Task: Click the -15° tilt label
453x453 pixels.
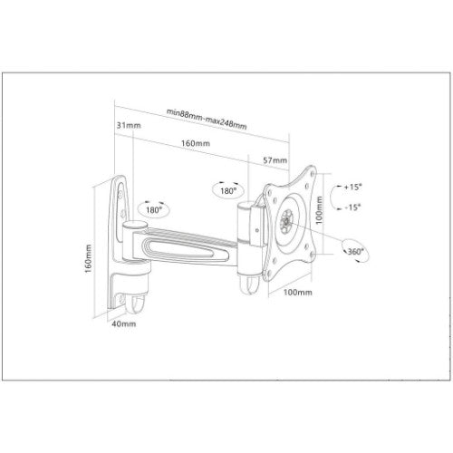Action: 352,207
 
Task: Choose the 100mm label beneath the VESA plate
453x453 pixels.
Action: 300,293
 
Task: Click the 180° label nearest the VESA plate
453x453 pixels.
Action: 227,191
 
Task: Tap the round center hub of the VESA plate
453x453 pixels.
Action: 288,220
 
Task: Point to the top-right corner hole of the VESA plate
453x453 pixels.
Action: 311,174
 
